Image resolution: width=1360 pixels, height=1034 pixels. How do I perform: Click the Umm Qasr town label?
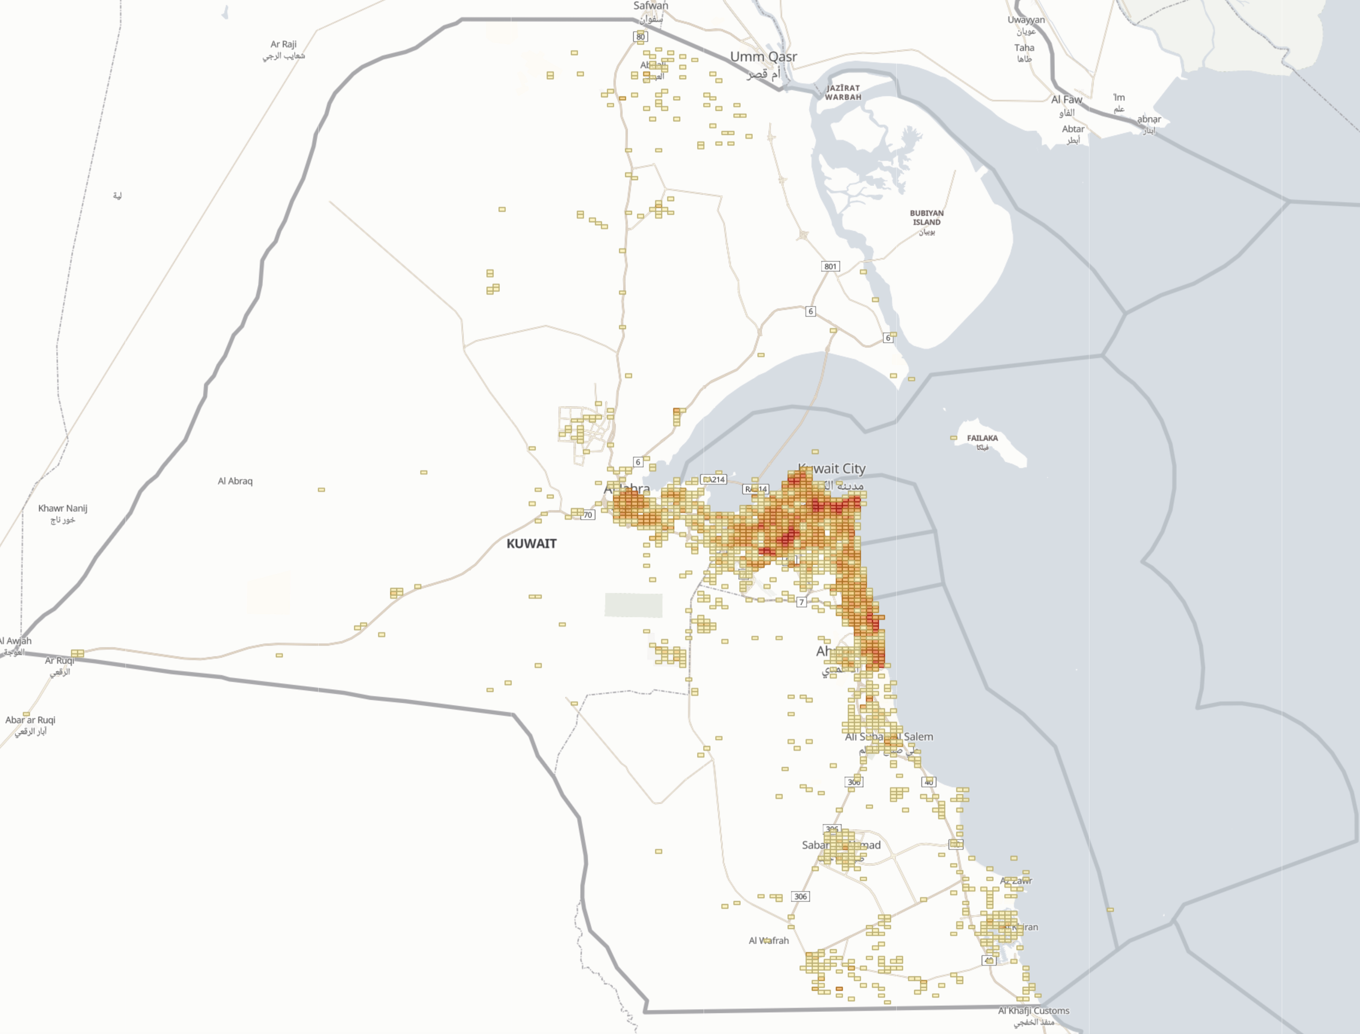tap(763, 57)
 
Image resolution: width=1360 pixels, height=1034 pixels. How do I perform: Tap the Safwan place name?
tap(650, 6)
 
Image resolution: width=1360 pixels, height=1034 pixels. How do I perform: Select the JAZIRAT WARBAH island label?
tap(843, 92)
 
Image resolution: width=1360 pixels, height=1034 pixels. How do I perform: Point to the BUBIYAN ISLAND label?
tap(926, 218)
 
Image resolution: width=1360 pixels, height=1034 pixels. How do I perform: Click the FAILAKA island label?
tap(982, 438)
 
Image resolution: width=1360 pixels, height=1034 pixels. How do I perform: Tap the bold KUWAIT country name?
tap(531, 544)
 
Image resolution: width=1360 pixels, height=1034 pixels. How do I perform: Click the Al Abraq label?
tap(235, 481)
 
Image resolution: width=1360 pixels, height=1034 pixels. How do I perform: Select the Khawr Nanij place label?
tap(63, 508)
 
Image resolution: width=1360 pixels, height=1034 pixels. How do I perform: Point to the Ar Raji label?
tap(284, 44)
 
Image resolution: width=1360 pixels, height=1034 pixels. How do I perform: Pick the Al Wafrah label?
tap(769, 941)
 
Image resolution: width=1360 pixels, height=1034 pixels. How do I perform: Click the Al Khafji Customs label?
tap(1033, 1010)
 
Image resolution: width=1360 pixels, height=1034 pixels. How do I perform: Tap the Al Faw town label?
tap(1066, 100)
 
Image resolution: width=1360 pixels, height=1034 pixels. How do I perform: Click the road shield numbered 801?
tap(830, 267)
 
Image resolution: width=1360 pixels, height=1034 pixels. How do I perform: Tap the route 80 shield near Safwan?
tap(641, 37)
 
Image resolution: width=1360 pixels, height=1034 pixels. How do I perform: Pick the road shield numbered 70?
tap(588, 515)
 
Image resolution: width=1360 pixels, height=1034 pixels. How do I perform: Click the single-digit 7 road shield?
tap(801, 602)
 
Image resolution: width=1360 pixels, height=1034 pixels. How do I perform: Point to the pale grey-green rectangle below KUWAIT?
tap(633, 605)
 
